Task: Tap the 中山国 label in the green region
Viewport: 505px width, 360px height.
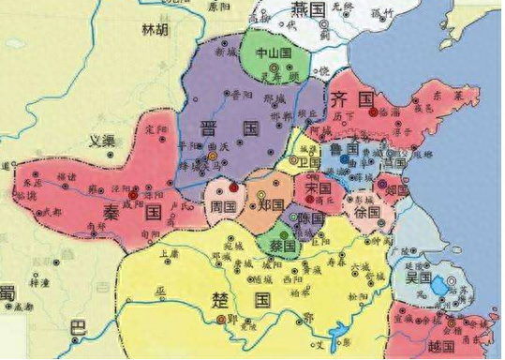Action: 278,54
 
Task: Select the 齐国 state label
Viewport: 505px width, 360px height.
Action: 355,97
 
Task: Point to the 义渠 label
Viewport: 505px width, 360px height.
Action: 100,142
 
